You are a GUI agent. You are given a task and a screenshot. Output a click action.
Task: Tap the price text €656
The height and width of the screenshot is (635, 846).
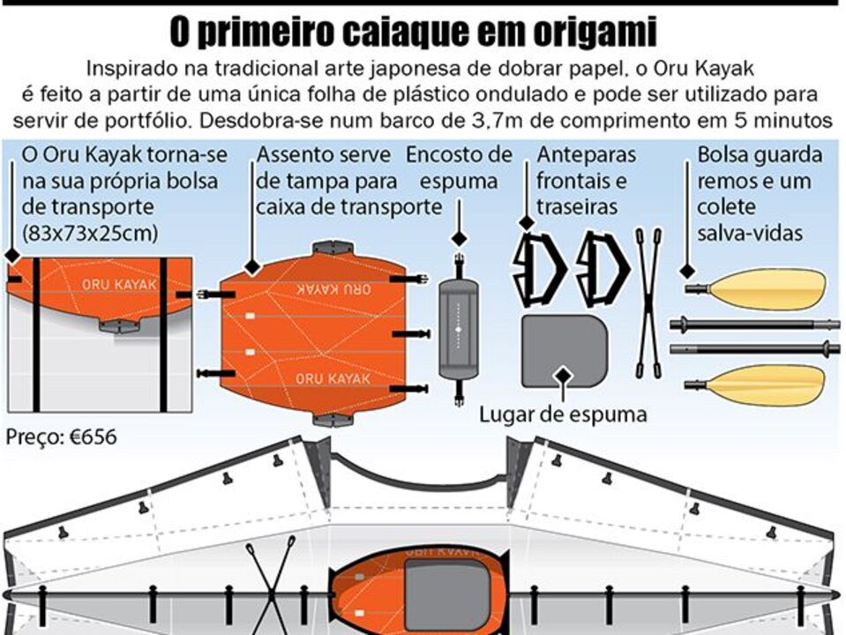(x=63, y=437)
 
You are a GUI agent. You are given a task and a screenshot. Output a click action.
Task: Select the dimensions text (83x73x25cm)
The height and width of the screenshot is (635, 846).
(x=89, y=234)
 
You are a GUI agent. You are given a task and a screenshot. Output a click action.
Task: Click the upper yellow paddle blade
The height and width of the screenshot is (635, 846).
(x=767, y=288)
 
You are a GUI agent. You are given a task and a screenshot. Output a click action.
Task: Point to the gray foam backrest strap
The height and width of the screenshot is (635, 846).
(x=459, y=327)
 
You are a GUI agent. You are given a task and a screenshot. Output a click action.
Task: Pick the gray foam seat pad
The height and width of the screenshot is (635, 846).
(x=565, y=350)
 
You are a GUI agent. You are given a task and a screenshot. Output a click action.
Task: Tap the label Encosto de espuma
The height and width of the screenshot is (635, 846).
(x=459, y=168)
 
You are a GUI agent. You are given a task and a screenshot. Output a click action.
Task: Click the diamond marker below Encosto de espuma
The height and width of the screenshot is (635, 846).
(x=459, y=238)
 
